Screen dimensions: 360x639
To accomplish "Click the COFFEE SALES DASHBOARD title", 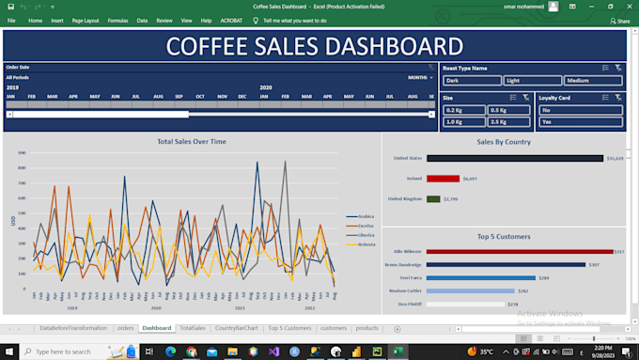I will pyautogui.click(x=314, y=46).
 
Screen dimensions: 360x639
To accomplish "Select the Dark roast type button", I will pyautogui.click(x=471, y=81).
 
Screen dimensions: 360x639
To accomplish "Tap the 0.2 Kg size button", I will pyautogui.click(x=463, y=110).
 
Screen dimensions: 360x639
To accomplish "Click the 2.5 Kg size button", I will pyautogui.click(x=508, y=122).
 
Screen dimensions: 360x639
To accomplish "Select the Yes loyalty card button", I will pyautogui.click(x=580, y=122).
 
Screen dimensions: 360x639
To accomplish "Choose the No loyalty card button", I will pyautogui.click(x=580, y=110).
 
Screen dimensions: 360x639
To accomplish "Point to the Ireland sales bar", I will pyautogui.click(x=443, y=179).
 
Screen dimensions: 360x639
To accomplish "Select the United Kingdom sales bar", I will pyautogui.click(x=433, y=199).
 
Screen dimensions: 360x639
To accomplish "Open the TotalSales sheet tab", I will pyautogui.click(x=193, y=328).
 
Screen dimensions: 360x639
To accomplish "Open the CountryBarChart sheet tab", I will pyautogui.click(x=236, y=328).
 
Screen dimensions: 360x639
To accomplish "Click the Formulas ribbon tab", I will pyautogui.click(x=117, y=20).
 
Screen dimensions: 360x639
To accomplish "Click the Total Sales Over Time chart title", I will pyautogui.click(x=192, y=141).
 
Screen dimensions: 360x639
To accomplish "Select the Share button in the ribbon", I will pyautogui.click(x=619, y=20).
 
